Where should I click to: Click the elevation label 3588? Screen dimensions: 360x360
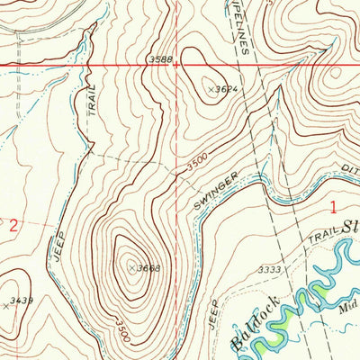(x=159, y=59)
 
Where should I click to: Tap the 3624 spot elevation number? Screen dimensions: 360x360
(x=227, y=90)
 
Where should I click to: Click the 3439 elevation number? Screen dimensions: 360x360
(x=22, y=301)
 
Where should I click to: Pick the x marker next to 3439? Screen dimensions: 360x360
(x=6, y=306)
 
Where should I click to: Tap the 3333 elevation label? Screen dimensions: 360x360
(x=269, y=269)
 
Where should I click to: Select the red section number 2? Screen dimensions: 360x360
(x=13, y=227)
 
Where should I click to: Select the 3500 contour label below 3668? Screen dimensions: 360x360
(x=123, y=329)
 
